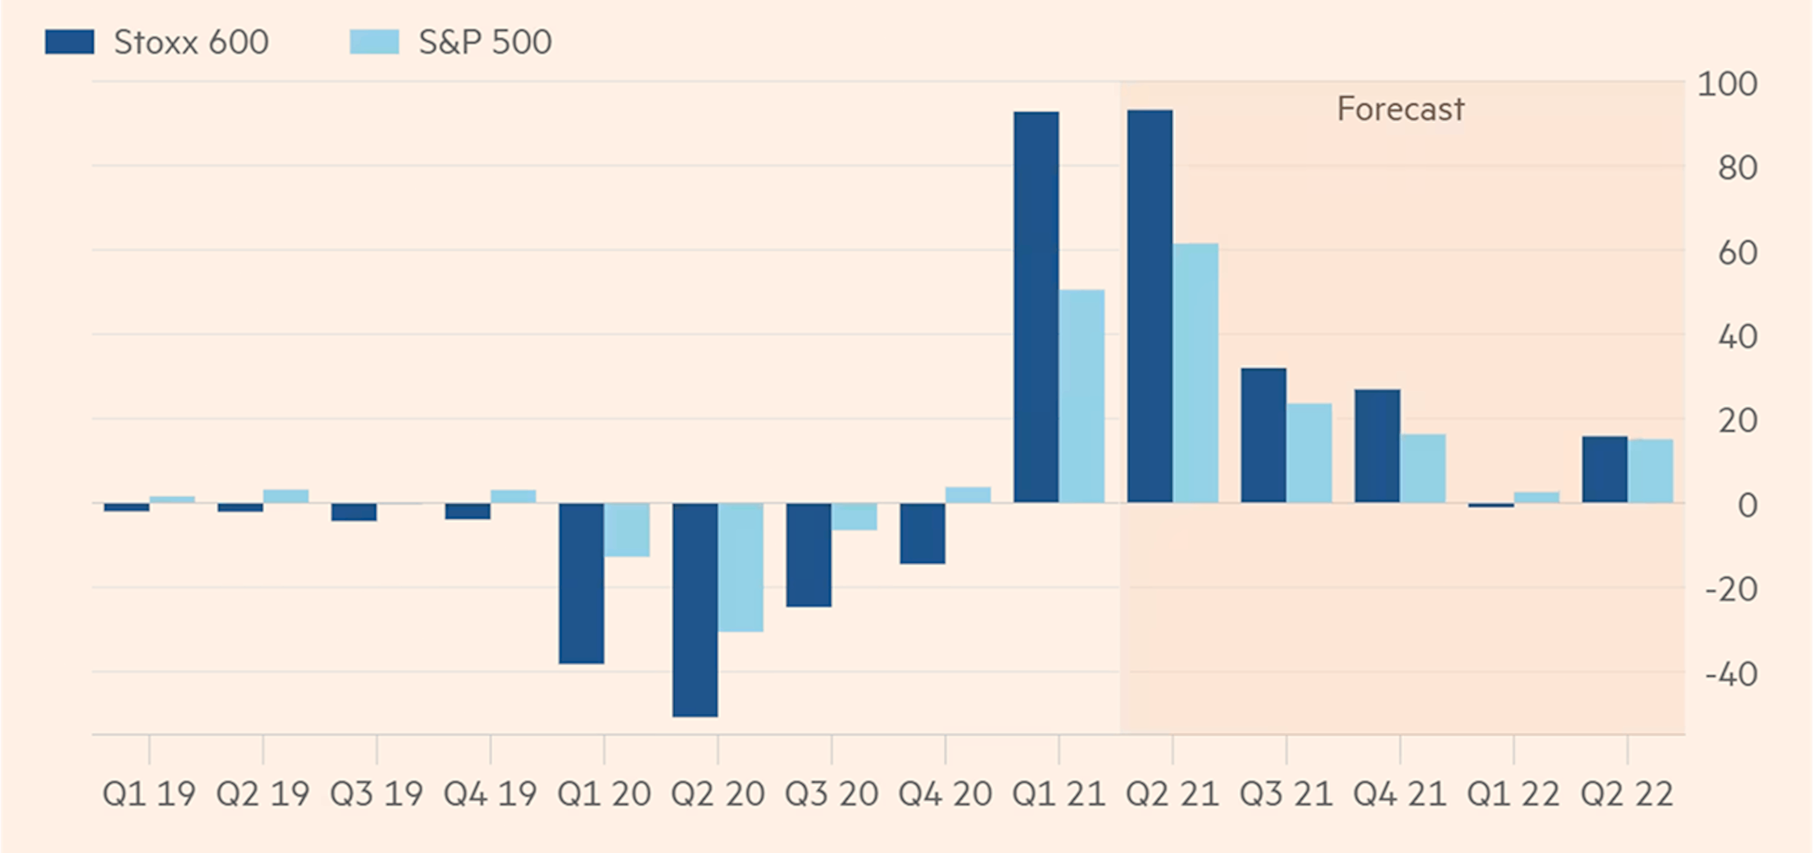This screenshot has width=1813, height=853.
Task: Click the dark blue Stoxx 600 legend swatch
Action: [69, 42]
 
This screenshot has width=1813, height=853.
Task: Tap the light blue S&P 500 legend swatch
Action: [374, 42]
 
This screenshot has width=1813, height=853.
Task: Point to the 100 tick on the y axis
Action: [1727, 84]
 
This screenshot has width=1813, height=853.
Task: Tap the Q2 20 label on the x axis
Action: [717, 794]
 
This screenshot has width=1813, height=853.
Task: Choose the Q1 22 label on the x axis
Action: [1513, 794]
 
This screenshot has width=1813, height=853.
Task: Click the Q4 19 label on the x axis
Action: [490, 794]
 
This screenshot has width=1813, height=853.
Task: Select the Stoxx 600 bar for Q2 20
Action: [695, 609]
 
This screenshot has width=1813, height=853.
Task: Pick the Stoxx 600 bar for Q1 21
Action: [1036, 307]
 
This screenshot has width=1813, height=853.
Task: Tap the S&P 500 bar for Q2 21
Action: [1195, 373]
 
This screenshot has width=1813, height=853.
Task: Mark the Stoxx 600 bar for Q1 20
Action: [581, 583]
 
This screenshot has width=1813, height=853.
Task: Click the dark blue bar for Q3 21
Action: [1263, 435]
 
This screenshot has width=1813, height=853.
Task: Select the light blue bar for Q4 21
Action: [1423, 468]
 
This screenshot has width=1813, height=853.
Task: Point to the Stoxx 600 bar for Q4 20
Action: [922, 533]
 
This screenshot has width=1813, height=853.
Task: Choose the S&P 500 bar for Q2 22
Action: [1650, 471]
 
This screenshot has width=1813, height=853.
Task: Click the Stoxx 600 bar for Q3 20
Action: [809, 555]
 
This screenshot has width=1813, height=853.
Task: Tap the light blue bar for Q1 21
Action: [1082, 396]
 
